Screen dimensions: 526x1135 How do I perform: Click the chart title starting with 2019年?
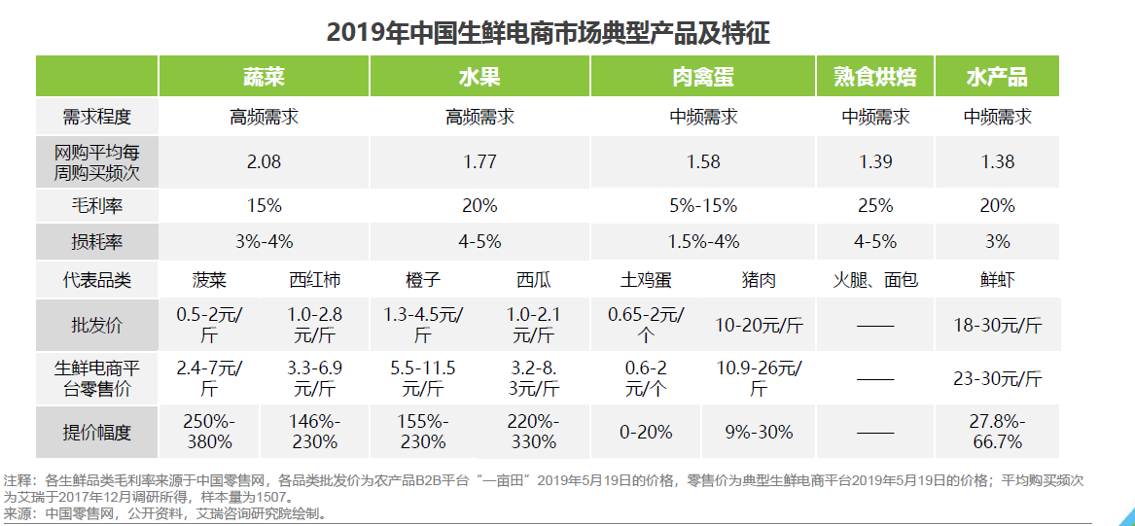[x=548, y=32]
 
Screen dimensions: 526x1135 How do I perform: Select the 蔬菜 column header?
[x=264, y=77]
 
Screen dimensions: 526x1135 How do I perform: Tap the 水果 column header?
[x=479, y=77]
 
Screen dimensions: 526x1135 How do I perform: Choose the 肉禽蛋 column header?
[x=703, y=77]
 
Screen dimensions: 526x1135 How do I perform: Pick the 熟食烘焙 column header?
[x=874, y=77]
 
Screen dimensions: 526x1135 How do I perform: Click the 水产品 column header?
[x=997, y=77]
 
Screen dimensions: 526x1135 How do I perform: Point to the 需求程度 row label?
[x=96, y=118]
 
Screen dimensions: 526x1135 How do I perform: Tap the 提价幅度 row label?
[x=96, y=432]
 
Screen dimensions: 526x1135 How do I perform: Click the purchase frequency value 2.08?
[x=264, y=162]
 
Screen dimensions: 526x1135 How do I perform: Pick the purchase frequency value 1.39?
[x=875, y=162]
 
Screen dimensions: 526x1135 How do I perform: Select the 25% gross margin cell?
[x=875, y=205]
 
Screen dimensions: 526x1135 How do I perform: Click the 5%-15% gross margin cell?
[x=703, y=205]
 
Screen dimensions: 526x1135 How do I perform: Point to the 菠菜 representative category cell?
[x=210, y=281]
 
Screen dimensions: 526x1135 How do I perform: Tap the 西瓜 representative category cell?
[x=533, y=281]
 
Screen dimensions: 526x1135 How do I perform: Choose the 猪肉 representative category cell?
[x=759, y=281]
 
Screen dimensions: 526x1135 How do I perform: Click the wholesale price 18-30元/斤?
[x=997, y=325]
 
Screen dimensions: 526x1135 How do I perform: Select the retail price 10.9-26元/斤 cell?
[x=759, y=378]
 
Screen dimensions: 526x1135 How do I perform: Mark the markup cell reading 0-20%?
[x=646, y=432]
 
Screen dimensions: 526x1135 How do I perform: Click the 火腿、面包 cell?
[x=875, y=281]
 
